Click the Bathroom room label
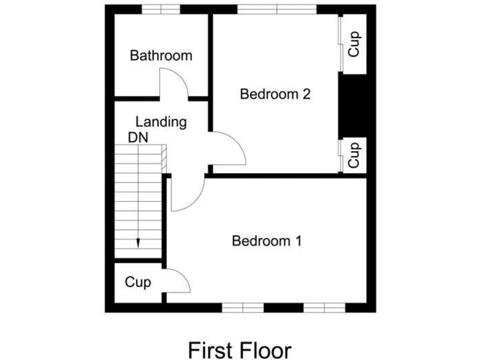tap(161, 56)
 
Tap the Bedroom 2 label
tap(276, 94)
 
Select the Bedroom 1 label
tap(267, 241)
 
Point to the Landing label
tap(161, 122)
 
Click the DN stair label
tap(138, 137)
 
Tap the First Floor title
tap(239, 349)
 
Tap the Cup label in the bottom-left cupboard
tap(137, 282)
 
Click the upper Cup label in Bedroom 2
tap(354, 44)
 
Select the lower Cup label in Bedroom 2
tap(354, 154)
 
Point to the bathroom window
tap(161, 9)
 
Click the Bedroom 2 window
tap(277, 9)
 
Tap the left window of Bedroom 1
tap(243, 307)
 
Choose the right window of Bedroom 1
tap(324, 307)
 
